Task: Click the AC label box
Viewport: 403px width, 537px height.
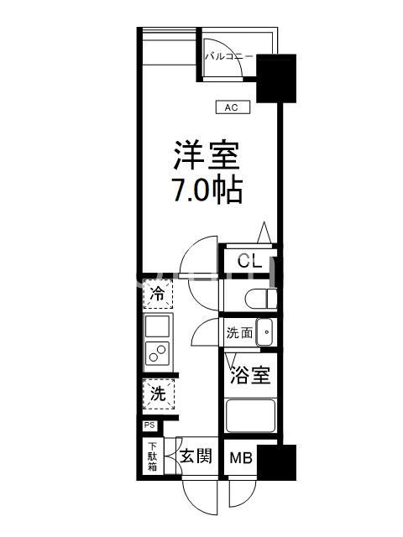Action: (x=232, y=107)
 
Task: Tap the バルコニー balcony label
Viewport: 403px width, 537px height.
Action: (x=228, y=57)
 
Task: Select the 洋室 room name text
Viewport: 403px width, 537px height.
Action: (x=207, y=157)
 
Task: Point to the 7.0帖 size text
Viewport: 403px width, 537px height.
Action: (x=207, y=191)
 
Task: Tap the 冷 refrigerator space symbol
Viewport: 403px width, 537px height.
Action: (x=157, y=294)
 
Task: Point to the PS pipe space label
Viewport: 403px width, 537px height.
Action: (x=148, y=425)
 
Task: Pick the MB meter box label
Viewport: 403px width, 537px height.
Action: (x=242, y=458)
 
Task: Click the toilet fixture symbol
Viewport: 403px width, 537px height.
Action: (x=262, y=296)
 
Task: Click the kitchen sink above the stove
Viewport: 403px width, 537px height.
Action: (x=157, y=326)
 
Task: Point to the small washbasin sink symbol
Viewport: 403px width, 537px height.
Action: (x=265, y=332)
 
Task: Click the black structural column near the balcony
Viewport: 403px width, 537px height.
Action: (x=275, y=78)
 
